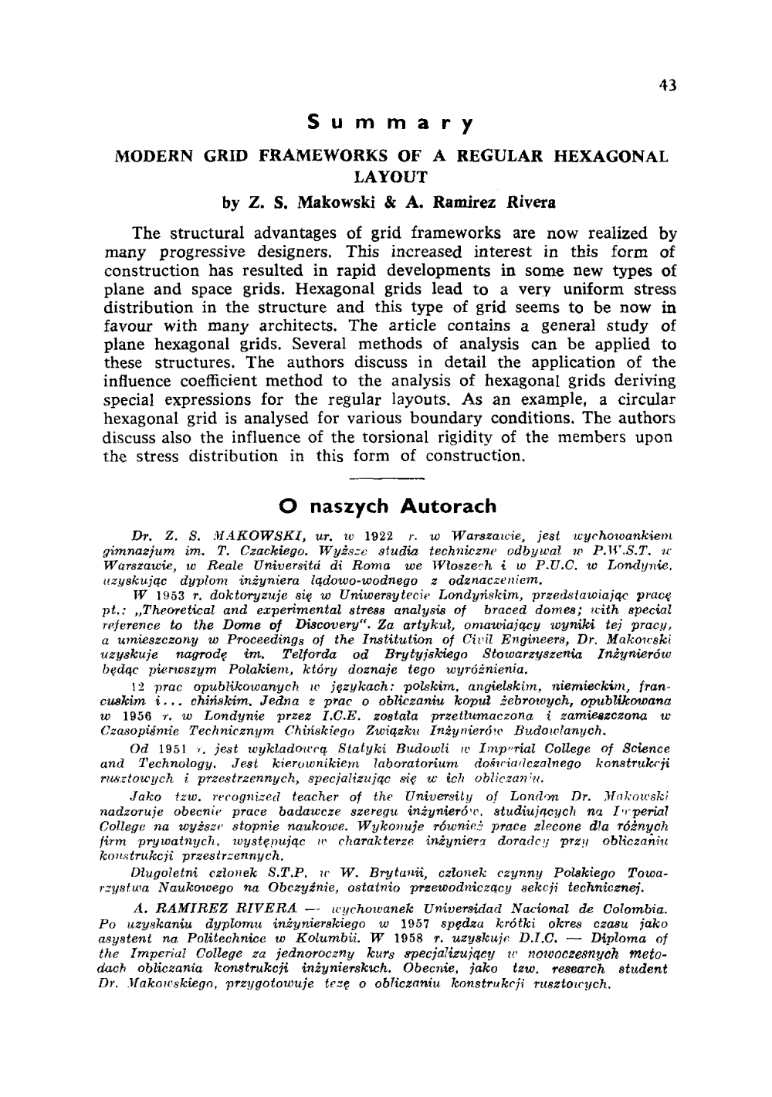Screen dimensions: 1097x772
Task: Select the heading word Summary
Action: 390,124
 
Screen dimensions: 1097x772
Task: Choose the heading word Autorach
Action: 449,507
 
